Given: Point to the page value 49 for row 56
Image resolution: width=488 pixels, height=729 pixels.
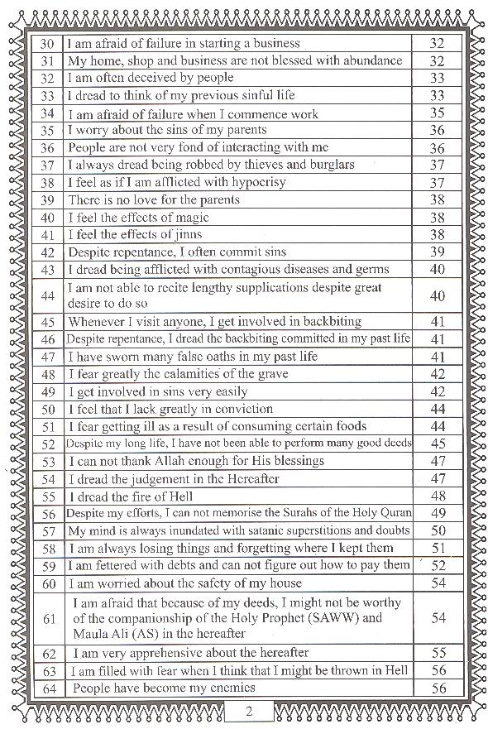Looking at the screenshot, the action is (438, 514).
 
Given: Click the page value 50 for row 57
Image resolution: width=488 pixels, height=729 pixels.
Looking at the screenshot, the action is (438, 531).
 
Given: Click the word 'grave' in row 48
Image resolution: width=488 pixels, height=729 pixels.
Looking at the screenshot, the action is (268, 375).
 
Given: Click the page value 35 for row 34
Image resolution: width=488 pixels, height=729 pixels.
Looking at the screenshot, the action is (438, 113).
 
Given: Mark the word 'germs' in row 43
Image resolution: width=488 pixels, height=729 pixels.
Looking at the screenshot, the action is (369, 270).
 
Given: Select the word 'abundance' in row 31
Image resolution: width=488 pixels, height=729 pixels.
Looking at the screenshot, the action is (361, 60).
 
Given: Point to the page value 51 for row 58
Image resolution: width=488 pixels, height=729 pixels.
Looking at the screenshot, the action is (438, 549).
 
